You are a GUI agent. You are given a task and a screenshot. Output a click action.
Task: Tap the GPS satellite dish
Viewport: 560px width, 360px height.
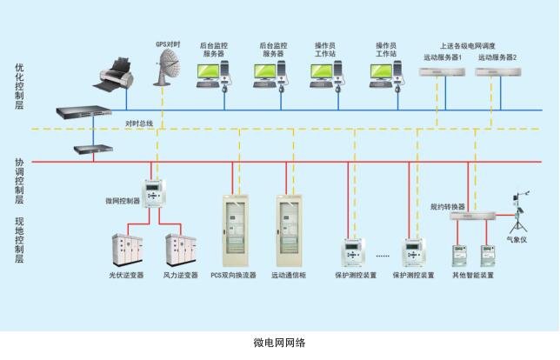tap(170, 65)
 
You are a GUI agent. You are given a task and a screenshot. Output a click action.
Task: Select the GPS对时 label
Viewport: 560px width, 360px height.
tap(167, 42)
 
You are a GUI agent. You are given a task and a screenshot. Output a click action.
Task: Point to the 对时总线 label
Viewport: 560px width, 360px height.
tap(139, 123)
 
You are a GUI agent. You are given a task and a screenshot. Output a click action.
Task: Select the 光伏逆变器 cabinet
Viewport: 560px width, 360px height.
tap(125, 250)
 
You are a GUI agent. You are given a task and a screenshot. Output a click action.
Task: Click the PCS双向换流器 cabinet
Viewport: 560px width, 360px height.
tap(233, 230)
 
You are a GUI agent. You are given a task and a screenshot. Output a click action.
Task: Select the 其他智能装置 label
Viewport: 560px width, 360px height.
tap(472, 276)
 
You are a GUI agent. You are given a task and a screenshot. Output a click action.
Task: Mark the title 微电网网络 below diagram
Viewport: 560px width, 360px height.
tap(280, 343)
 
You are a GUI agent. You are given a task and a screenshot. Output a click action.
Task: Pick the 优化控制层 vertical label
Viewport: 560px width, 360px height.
tap(19, 86)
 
